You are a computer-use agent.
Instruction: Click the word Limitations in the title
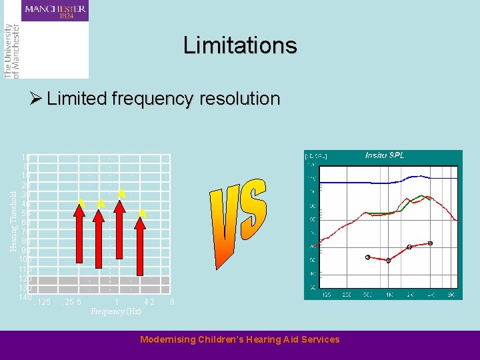click(240, 45)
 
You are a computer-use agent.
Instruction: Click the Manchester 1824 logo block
click(55, 12)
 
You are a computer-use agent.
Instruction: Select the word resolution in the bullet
click(238, 99)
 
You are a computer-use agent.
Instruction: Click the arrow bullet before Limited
click(36, 99)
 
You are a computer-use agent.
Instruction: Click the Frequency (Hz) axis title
click(116, 311)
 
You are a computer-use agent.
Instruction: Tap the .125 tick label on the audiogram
click(43, 303)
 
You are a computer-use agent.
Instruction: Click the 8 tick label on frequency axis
click(172, 303)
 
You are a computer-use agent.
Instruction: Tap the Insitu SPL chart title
click(384, 155)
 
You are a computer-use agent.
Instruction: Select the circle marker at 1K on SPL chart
click(388, 261)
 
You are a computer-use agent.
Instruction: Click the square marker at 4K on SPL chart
click(430, 243)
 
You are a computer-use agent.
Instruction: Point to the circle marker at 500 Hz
click(367, 257)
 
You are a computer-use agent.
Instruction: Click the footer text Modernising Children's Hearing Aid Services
click(240, 339)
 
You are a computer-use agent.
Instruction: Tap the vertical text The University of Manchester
click(11, 51)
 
